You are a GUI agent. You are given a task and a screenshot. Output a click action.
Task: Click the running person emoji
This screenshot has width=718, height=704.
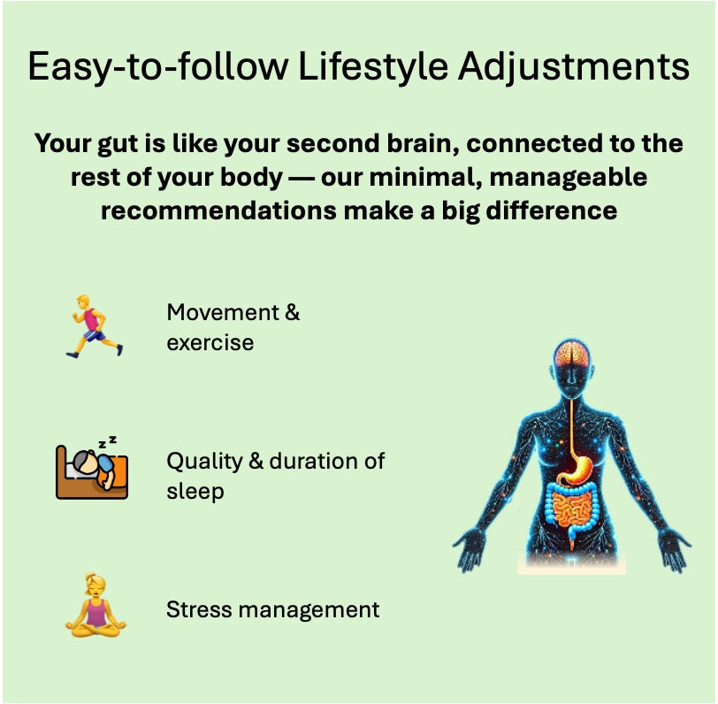tap(94, 326)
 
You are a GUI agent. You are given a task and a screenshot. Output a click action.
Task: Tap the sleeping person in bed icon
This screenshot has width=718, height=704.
tap(92, 469)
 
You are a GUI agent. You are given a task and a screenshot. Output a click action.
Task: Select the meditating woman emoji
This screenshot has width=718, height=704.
tap(95, 607)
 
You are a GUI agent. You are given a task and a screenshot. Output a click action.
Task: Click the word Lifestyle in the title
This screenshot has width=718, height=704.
tap(363, 68)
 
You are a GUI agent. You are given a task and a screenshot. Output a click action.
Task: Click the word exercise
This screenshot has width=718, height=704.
tap(210, 342)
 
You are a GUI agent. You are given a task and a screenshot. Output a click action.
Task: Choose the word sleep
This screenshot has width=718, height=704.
tap(195, 491)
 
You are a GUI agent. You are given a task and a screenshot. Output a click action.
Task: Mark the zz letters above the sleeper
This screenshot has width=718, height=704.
tap(107, 440)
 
